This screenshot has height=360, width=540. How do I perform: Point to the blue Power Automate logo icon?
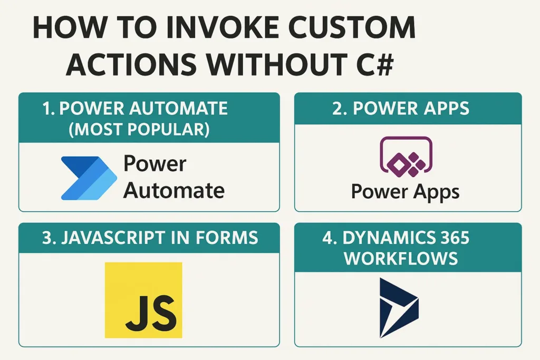[x=88, y=178]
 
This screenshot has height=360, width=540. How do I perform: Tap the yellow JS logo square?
[x=143, y=300]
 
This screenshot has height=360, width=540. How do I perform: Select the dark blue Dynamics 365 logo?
[x=398, y=308]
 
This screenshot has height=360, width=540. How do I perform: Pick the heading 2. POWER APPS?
[x=401, y=109]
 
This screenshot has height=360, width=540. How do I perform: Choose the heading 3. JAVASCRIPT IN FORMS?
[x=150, y=238]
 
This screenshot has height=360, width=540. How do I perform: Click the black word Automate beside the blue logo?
[x=174, y=190]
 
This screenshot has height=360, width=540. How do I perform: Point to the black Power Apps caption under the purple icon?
[x=405, y=191]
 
